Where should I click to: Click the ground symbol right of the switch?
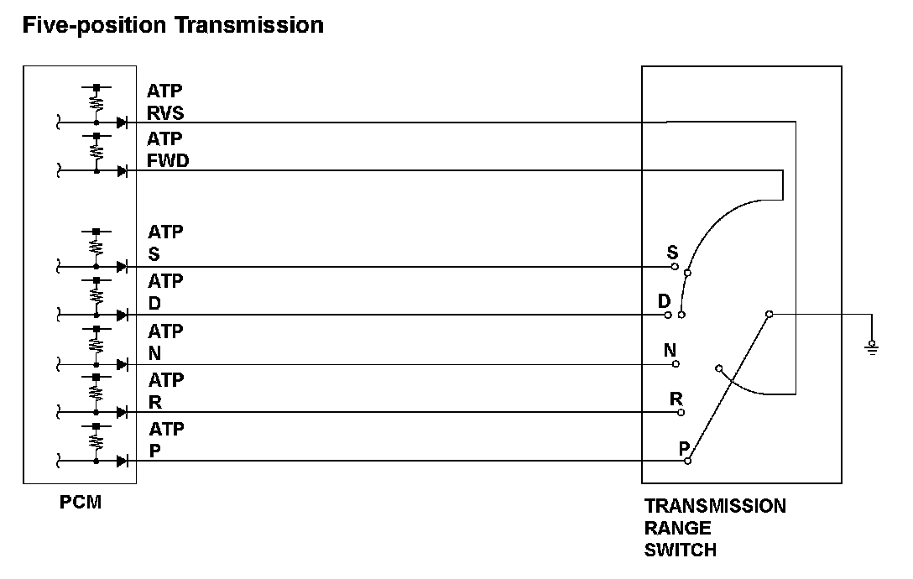[x=873, y=345]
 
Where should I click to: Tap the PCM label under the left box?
[x=81, y=503]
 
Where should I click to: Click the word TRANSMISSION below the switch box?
[x=715, y=506]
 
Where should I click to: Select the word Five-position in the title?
[x=95, y=25]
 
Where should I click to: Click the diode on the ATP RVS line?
[x=122, y=123]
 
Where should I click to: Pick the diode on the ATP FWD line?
[x=122, y=171]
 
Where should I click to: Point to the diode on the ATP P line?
[x=122, y=461]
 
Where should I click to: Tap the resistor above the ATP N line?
[x=97, y=343]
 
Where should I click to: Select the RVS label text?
[x=165, y=113]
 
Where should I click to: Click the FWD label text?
[x=168, y=161]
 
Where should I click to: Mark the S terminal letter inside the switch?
[x=672, y=252]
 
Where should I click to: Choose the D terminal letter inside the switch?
[x=664, y=300]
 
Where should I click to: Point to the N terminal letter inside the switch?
[x=670, y=350]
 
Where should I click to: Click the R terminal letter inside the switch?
[x=676, y=398]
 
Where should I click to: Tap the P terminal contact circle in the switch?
[x=687, y=461]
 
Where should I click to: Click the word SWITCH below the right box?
[x=681, y=550]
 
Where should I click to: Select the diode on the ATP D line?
[x=122, y=315]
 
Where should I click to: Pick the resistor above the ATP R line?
[x=97, y=392]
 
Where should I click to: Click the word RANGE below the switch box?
[x=677, y=529]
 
